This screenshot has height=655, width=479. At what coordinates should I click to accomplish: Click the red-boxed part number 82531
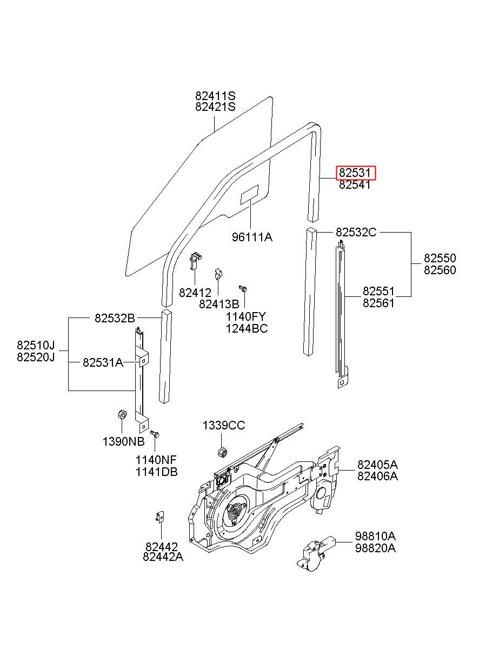(x=355, y=173)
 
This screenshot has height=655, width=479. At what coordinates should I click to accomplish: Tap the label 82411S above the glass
(x=215, y=96)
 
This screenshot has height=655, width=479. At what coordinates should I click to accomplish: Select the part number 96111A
(x=252, y=237)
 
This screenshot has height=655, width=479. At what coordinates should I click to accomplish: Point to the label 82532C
(x=356, y=232)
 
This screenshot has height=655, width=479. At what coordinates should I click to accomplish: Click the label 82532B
(x=115, y=318)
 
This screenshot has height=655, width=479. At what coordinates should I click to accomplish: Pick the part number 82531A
(x=103, y=362)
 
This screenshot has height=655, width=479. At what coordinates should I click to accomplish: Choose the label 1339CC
(x=224, y=426)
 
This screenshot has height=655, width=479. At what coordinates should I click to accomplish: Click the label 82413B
(x=219, y=304)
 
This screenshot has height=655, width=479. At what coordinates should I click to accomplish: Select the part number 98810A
(x=376, y=536)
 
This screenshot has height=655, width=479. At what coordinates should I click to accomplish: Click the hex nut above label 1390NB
(x=122, y=414)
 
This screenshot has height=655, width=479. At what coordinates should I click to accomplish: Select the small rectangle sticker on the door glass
(x=249, y=195)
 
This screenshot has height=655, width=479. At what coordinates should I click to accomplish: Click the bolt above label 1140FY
(x=243, y=288)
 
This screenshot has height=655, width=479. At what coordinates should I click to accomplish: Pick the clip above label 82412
(x=196, y=261)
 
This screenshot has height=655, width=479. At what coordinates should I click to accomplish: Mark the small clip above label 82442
(x=160, y=517)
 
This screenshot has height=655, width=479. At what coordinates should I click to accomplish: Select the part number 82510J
(x=36, y=345)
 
